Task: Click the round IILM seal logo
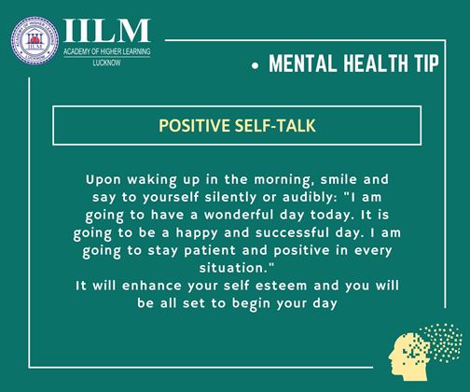coord(35,41)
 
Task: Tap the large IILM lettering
coord(107,31)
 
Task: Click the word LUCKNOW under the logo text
coord(106,63)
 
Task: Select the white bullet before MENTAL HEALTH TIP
coord(256,66)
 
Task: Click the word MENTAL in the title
coord(303,63)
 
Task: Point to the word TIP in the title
coord(426,63)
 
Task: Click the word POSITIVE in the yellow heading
coord(194,126)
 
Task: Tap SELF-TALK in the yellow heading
coord(275,126)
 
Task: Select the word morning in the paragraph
coord(282,180)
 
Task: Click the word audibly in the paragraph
coord(310,198)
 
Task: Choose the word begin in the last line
coord(251,304)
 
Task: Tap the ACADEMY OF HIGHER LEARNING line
coord(107,52)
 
